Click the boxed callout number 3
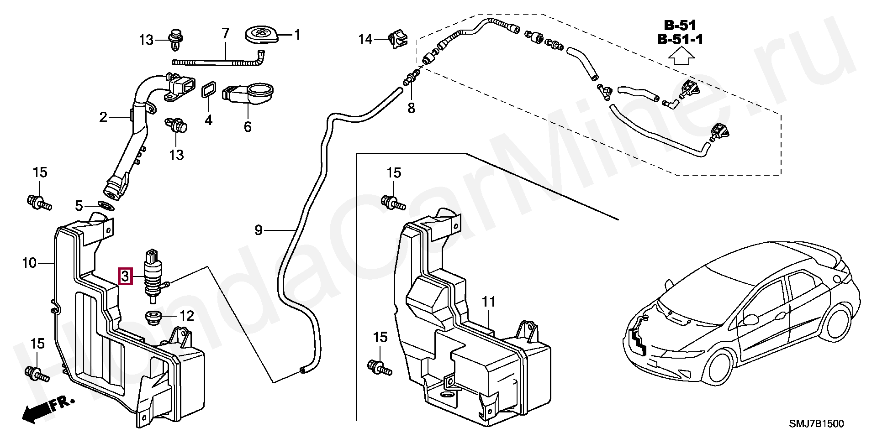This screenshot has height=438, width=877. (125, 276)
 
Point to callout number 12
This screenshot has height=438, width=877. (187, 316)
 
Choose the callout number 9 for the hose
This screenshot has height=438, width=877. (259, 230)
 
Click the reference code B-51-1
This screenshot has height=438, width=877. (680, 40)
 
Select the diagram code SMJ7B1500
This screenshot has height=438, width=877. (817, 424)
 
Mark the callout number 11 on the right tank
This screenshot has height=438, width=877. (489, 302)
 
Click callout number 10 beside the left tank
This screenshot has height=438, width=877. (29, 263)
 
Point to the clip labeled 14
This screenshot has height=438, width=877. (397, 38)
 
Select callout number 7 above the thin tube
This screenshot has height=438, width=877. (225, 33)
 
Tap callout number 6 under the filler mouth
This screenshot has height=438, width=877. (247, 126)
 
